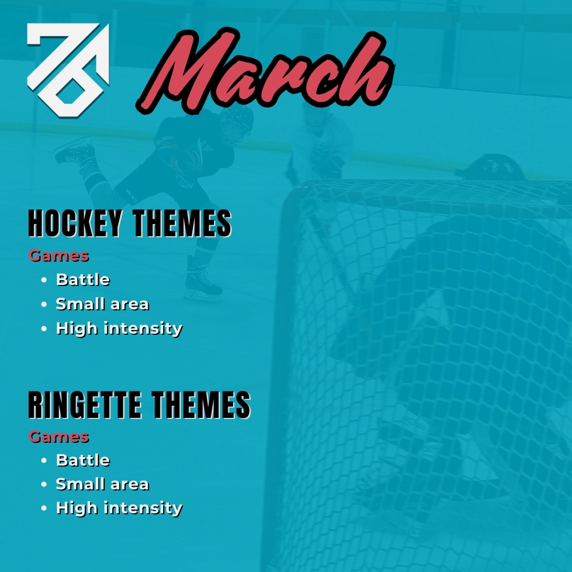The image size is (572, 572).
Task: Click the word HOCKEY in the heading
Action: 75,224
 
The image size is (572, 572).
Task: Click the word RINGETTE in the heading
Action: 85,406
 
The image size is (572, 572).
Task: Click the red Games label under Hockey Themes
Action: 59,256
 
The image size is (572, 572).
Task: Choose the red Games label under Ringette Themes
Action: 59,437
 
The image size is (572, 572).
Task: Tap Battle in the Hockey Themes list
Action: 83,280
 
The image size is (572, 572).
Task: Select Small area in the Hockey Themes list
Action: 102,304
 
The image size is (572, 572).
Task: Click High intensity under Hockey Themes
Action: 119,328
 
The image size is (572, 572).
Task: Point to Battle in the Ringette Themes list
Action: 83,460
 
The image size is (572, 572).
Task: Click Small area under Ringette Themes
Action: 102,484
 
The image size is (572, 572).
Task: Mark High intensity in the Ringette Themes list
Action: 119,508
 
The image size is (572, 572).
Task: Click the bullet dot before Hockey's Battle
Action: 44,280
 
